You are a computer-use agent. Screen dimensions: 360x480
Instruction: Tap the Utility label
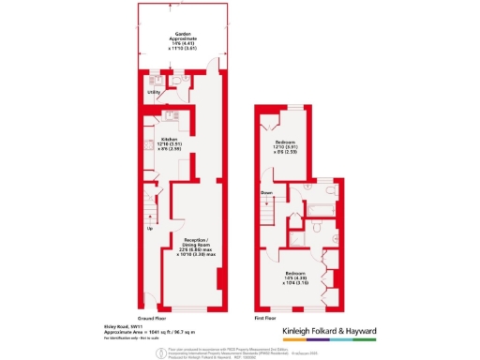[153, 92]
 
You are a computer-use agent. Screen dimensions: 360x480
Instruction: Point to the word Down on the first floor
[266, 193]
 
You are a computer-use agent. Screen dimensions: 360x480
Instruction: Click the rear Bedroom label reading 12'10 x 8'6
[290, 147]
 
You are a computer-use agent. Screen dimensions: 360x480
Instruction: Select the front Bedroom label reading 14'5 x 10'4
[290, 278]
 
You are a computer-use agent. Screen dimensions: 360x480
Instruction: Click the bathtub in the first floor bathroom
[322, 205]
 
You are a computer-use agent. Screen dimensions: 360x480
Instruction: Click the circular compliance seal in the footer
[160, 352]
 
